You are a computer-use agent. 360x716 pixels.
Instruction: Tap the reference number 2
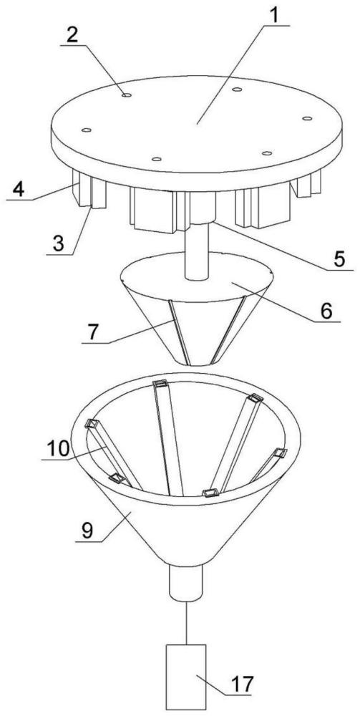(x=72, y=36)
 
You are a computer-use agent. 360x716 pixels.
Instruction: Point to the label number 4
(x=19, y=189)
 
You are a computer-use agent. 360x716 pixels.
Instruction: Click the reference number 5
(x=338, y=258)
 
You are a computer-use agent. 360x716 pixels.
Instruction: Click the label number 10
(x=58, y=450)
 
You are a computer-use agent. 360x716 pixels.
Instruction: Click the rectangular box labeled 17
(x=185, y=677)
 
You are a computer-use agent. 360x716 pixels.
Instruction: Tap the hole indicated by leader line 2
(x=127, y=95)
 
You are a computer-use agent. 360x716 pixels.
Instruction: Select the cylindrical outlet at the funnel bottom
(x=185, y=583)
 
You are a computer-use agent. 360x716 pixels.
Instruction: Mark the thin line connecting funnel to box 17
(x=185, y=623)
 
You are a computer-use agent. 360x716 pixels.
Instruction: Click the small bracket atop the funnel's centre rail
(x=161, y=384)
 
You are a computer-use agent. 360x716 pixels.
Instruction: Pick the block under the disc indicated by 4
(x=84, y=187)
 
